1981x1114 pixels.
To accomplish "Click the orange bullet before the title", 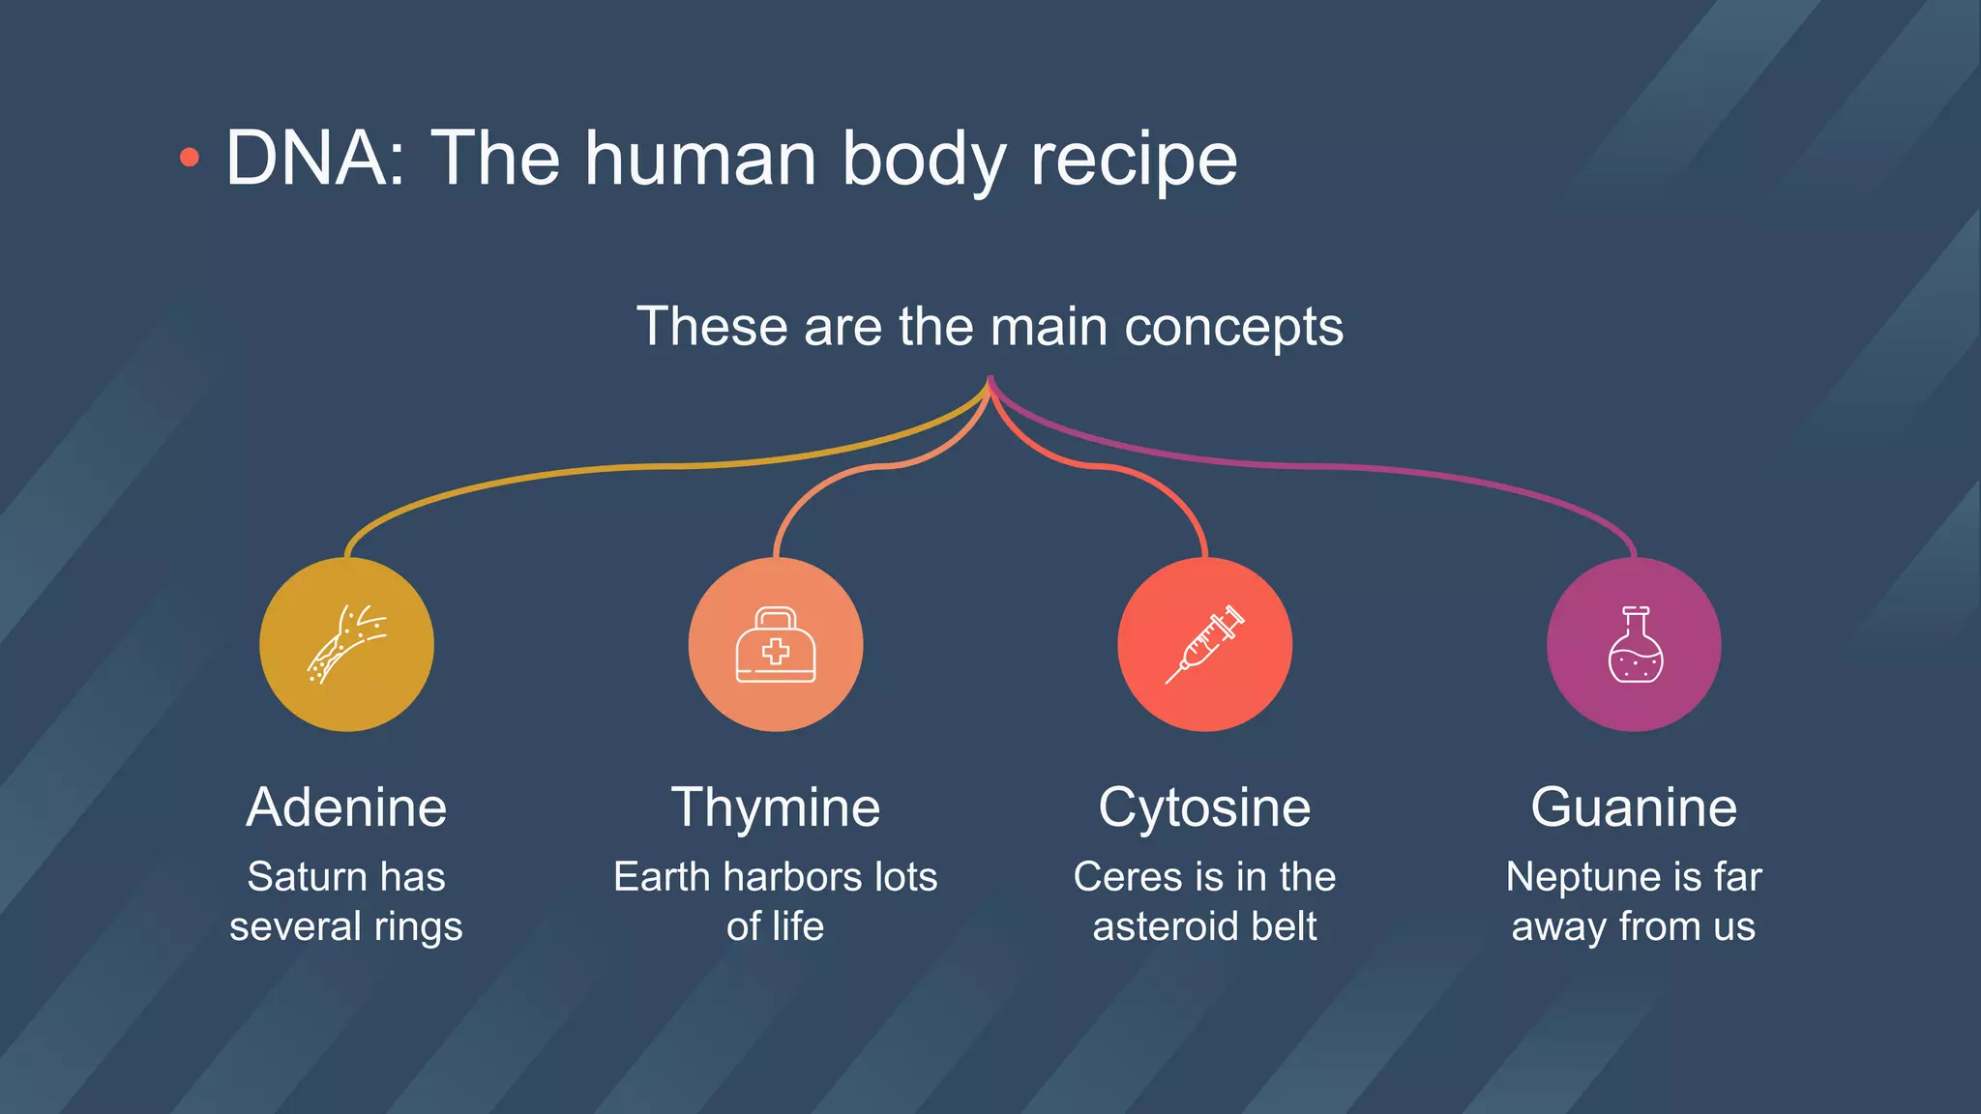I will click(190, 158).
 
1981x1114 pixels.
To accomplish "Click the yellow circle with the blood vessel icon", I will click(346, 644).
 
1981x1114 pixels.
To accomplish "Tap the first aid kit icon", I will click(776, 645).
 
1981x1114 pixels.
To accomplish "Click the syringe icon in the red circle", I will click(1204, 644).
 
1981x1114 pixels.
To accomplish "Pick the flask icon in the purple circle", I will click(1635, 645).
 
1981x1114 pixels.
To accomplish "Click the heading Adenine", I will click(346, 806).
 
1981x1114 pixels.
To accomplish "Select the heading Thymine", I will click(776, 806).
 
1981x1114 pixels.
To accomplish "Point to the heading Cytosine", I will click(1204, 806).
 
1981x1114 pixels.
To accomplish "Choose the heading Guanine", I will click(1634, 806).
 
